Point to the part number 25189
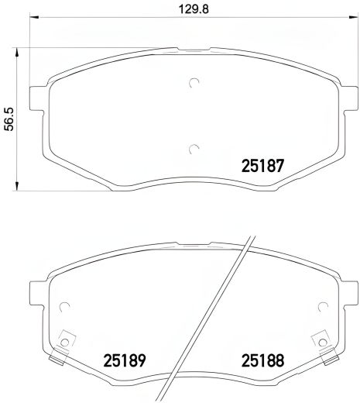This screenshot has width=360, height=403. point(125,361)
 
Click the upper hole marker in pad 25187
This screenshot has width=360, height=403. point(194,84)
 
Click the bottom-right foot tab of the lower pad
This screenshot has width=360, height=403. point(331,362)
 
